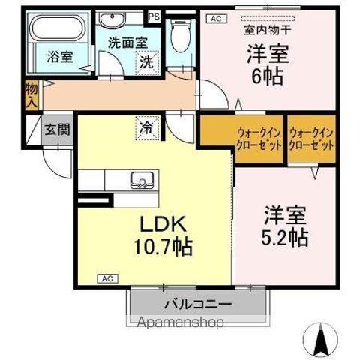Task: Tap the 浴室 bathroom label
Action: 60,57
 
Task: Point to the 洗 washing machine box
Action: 145,63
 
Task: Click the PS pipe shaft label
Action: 154,15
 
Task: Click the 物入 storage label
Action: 31,94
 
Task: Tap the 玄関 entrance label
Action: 56,129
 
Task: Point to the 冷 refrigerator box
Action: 147,128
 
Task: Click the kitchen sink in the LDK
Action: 141,179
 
